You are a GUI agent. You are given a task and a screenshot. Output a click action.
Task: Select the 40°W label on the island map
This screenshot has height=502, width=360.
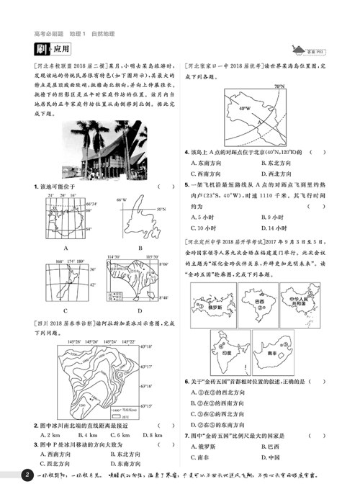click(244, 109)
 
